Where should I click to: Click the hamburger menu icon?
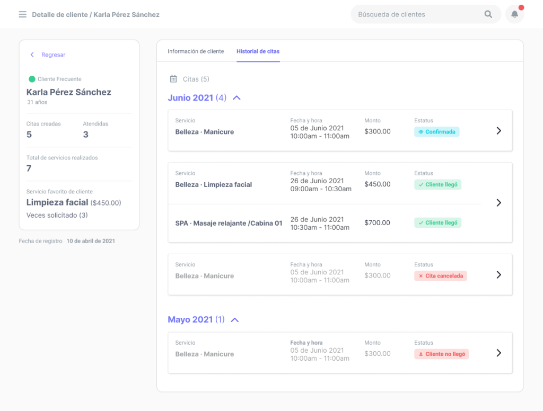click(x=22, y=14)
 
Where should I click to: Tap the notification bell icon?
click(x=514, y=14)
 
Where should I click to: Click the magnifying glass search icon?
click(x=488, y=14)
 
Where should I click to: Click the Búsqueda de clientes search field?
click(x=414, y=14)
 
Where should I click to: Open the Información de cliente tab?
click(x=196, y=51)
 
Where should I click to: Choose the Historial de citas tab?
click(x=258, y=51)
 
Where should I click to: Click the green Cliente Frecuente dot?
click(x=32, y=79)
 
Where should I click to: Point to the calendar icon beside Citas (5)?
click(x=173, y=79)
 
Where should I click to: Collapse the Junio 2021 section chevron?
click(x=237, y=98)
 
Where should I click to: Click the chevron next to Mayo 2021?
click(x=235, y=320)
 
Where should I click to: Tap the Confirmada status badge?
click(x=436, y=132)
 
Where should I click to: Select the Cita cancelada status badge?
click(x=440, y=276)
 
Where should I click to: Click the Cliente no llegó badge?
click(x=441, y=354)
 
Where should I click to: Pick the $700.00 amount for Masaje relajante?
click(x=378, y=223)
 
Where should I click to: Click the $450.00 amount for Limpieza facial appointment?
click(x=378, y=184)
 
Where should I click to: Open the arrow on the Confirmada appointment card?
click(x=498, y=131)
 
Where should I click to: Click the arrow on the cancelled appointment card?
click(x=498, y=275)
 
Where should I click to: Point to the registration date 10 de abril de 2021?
click(x=91, y=241)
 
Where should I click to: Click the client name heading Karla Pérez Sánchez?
click(x=69, y=92)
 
